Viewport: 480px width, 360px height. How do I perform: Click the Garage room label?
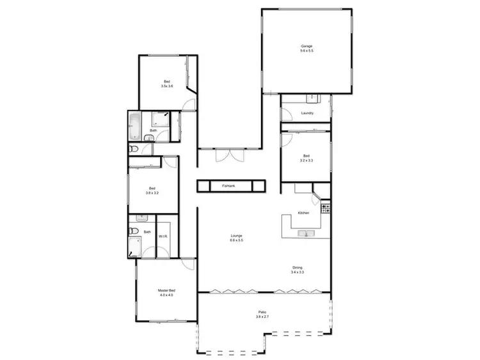pyautogui.click(x=307, y=46)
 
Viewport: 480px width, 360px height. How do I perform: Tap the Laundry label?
pyautogui.click(x=307, y=113)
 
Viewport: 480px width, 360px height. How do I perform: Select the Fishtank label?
pyautogui.click(x=228, y=185)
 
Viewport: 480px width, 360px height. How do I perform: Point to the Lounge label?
pyautogui.click(x=236, y=236)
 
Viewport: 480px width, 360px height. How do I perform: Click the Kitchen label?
pyautogui.click(x=304, y=213)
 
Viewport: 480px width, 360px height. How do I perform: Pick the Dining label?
pyautogui.click(x=298, y=267)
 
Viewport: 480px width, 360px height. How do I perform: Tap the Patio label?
pyautogui.click(x=262, y=311)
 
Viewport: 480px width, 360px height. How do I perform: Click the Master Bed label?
pyautogui.click(x=166, y=290)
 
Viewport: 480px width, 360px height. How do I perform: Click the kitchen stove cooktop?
pyautogui.click(x=325, y=208)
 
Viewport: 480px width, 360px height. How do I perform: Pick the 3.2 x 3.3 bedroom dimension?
pyautogui.click(x=307, y=161)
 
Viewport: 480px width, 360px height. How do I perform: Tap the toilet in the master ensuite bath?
pyautogui.click(x=132, y=231)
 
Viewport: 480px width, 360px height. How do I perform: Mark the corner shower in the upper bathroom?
pyautogui.click(x=160, y=120)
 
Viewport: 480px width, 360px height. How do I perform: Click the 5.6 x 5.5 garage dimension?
pyautogui.click(x=307, y=51)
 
